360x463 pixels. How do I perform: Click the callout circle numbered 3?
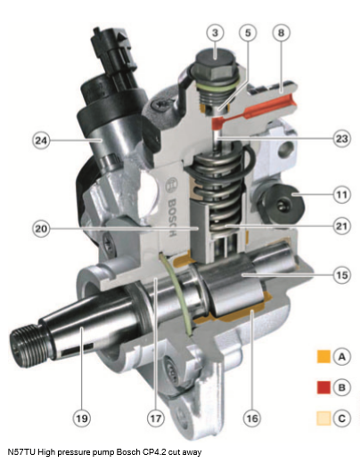point(215,32)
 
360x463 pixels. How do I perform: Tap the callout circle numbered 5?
point(248,32)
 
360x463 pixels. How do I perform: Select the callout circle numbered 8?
point(281,32)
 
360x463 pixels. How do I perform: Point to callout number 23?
point(341,139)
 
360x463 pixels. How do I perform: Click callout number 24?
point(41,141)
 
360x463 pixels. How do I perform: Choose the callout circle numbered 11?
point(341,195)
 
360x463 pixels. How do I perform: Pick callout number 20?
point(41,229)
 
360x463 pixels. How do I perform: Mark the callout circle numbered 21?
point(341,226)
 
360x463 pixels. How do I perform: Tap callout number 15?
point(341,275)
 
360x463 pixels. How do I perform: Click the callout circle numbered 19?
point(82,418)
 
